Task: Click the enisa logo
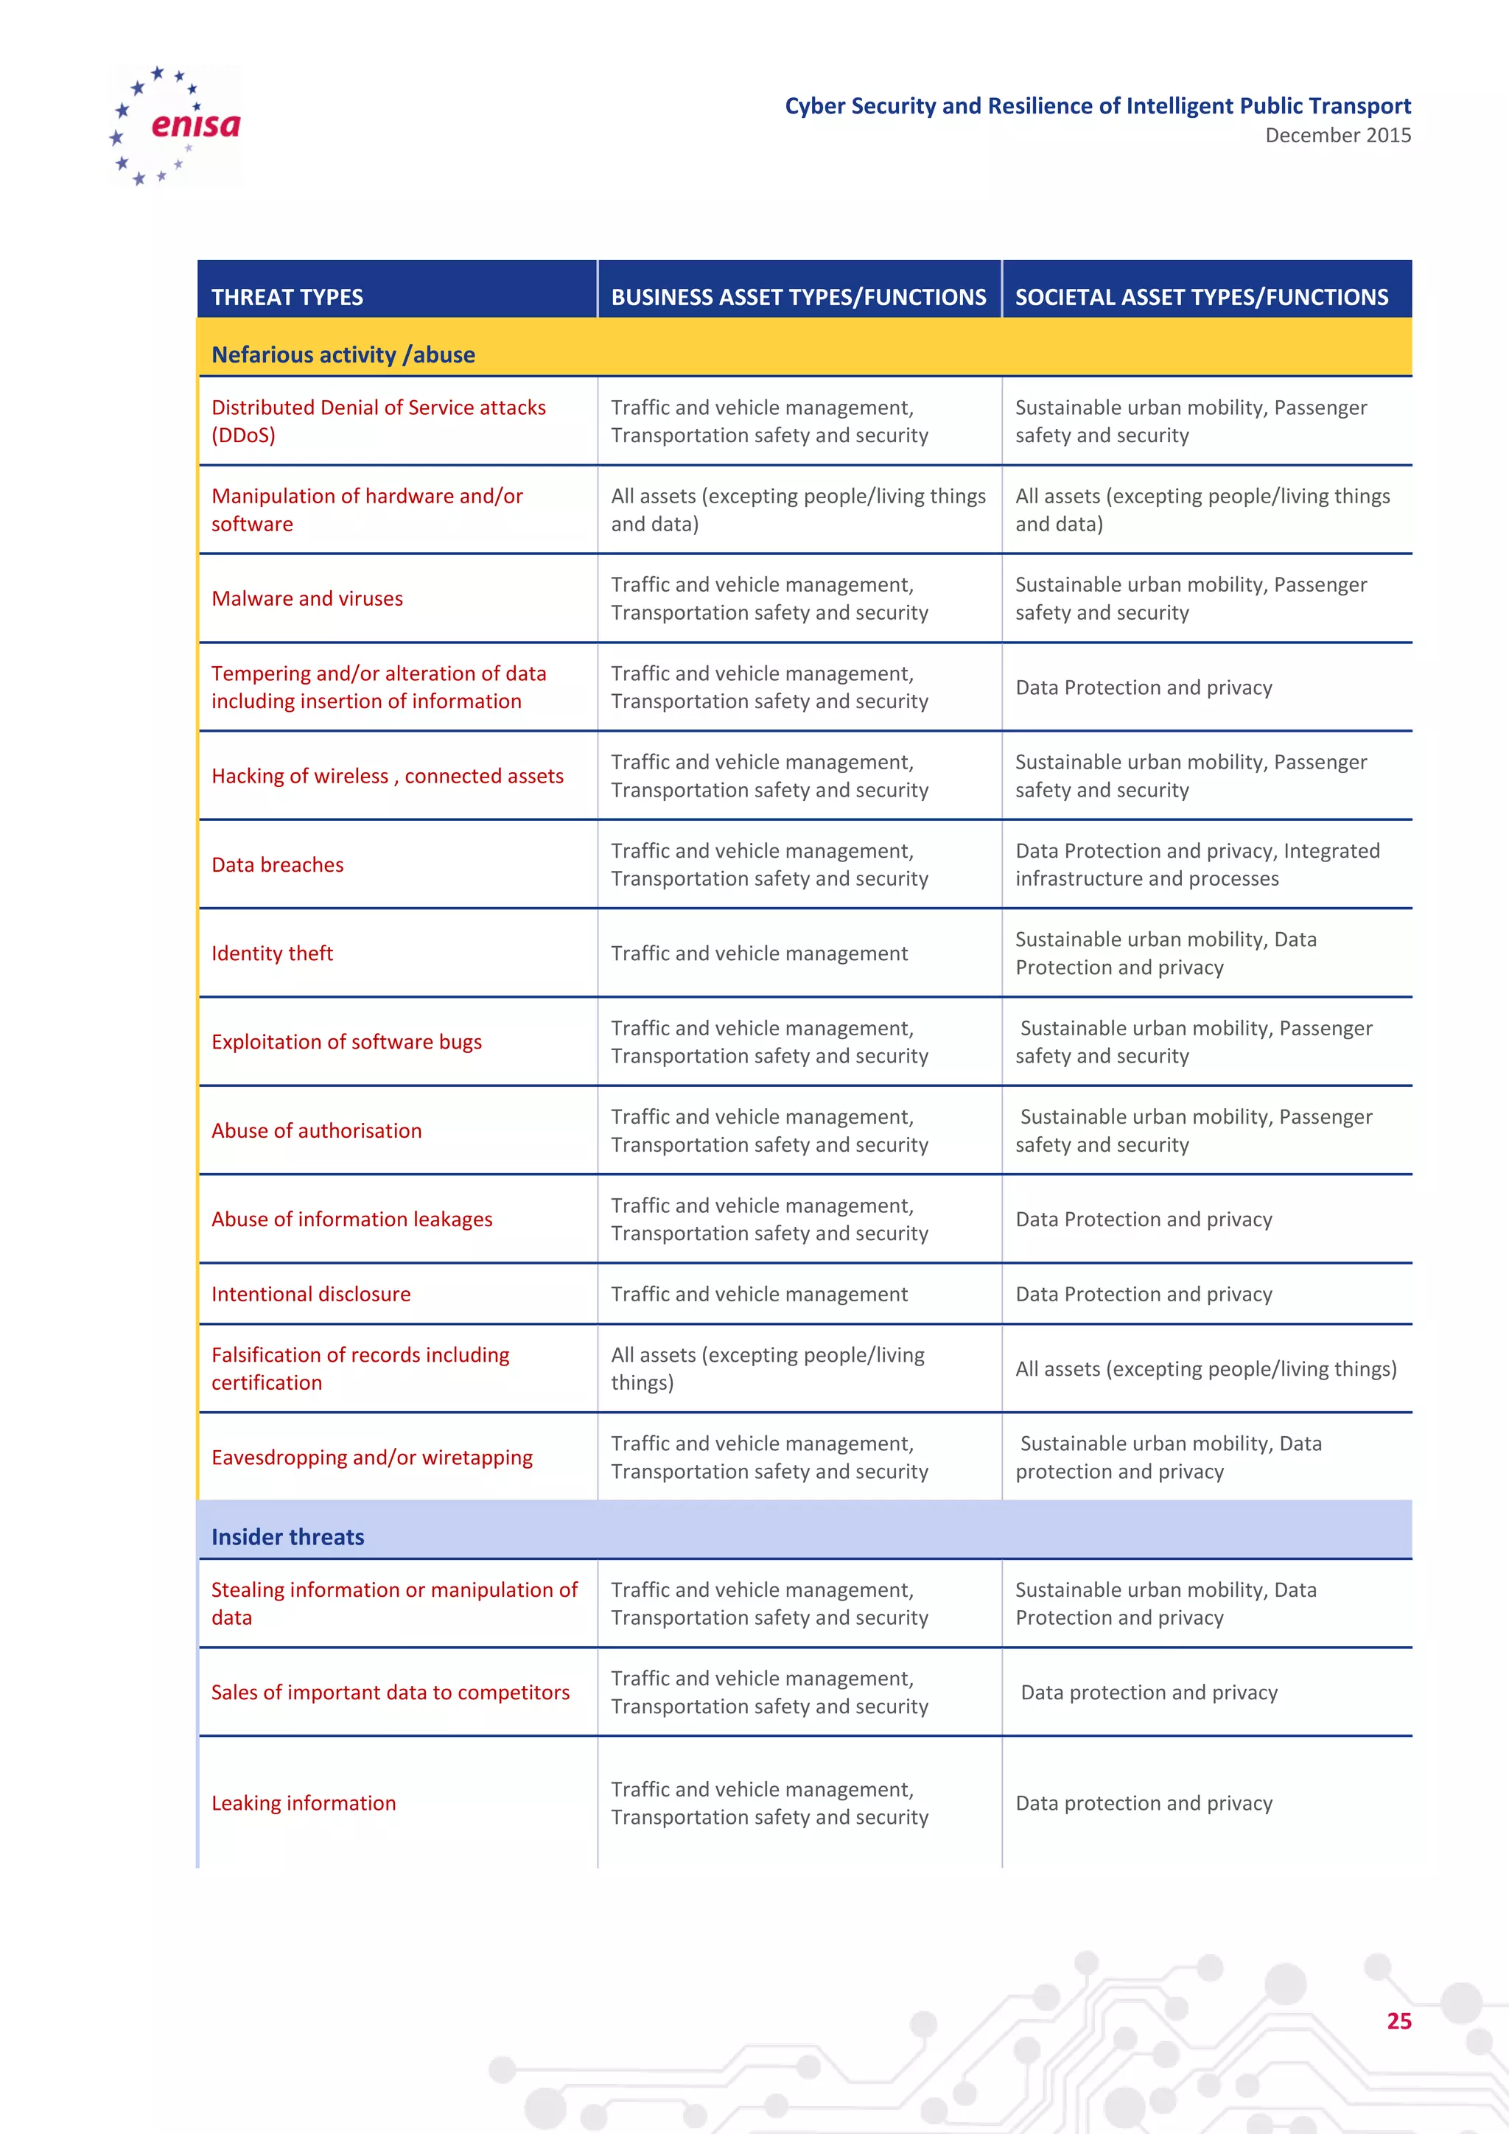tap(175, 125)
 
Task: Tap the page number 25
tap(1398, 2021)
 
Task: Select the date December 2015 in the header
tap(1337, 136)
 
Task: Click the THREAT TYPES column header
tap(287, 298)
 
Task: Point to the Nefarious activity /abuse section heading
tap(343, 355)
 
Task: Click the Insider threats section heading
tap(287, 1536)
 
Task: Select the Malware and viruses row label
tap(307, 598)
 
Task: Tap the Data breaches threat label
tap(277, 864)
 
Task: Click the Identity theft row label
tap(271, 954)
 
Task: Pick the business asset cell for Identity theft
tap(758, 954)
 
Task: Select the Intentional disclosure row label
tap(310, 1294)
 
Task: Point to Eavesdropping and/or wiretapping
tap(371, 1458)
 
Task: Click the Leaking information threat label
tap(303, 1803)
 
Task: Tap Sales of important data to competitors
tap(391, 1693)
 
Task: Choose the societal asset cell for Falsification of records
tap(1205, 1369)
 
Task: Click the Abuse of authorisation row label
tap(316, 1130)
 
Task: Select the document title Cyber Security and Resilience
tap(1096, 106)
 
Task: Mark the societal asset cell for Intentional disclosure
tap(1143, 1294)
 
